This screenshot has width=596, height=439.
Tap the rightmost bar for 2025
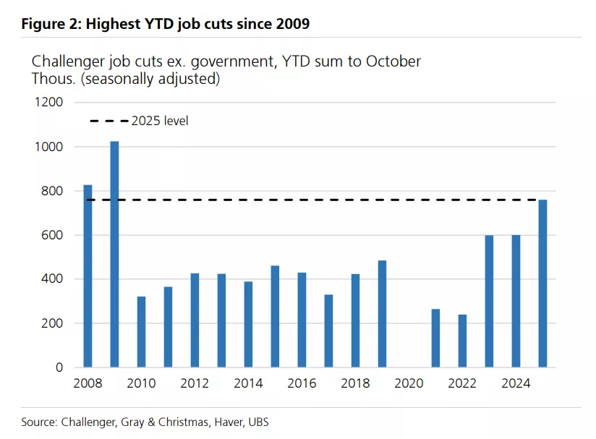tap(542, 283)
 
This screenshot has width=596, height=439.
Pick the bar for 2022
tap(462, 341)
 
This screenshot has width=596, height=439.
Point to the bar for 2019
tap(382, 314)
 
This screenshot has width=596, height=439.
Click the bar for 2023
tap(489, 301)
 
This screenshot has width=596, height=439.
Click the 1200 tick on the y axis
tap(49, 103)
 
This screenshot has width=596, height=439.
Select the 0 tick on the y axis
tap(59, 367)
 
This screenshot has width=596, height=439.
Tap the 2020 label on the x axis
tap(409, 384)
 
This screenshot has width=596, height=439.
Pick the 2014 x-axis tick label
tap(248, 384)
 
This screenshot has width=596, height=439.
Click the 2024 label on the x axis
tap(516, 384)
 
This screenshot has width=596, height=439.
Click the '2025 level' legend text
tap(160, 121)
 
